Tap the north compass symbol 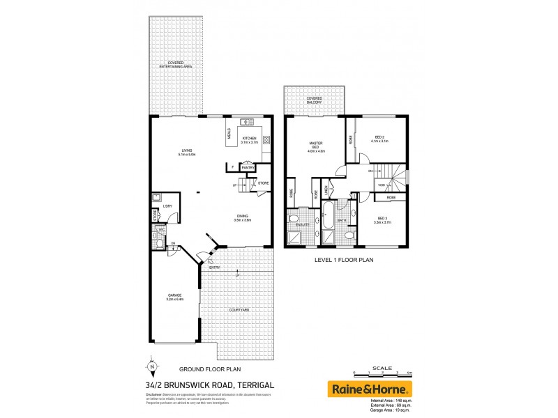pyautogui.click(x=151, y=364)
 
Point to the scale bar pyautogui.click(x=382, y=373)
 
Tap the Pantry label pyautogui.click(x=247, y=167)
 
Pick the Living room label pyautogui.click(x=187, y=151)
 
